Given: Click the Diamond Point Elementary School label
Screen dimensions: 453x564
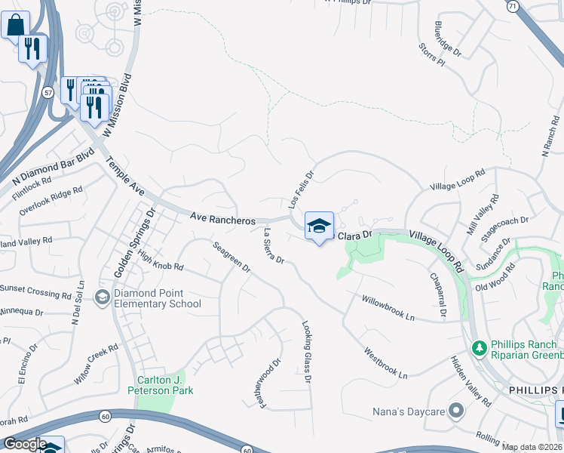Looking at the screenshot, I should point(158,299).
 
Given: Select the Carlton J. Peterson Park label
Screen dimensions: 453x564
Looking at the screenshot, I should point(165,385).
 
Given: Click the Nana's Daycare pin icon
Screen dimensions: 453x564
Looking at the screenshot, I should point(455,411).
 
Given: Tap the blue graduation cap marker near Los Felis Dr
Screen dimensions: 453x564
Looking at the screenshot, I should point(319,226).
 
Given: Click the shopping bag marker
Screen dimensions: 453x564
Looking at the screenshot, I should point(15,25).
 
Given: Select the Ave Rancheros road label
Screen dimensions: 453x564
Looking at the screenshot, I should point(222,218).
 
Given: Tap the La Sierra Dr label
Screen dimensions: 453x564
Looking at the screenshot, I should point(272,247).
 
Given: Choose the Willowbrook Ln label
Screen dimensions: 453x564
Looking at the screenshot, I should point(388,307).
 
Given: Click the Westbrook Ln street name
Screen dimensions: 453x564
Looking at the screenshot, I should point(385,363).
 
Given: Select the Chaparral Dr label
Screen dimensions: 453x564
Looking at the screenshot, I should point(437,296).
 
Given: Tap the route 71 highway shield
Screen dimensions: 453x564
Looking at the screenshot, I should point(512,6).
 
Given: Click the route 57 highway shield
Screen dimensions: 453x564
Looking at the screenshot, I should point(48,93).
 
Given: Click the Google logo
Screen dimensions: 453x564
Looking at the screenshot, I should point(25,444).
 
